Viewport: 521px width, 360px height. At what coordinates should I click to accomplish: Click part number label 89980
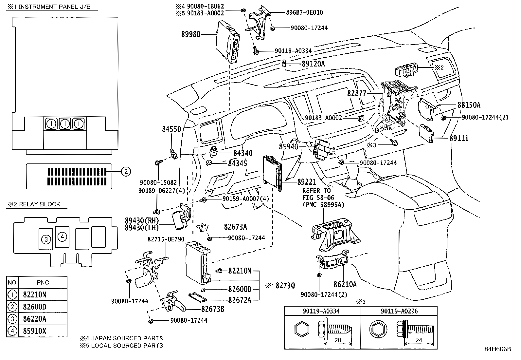tap(191, 34)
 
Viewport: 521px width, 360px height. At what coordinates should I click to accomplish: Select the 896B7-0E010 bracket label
tap(304, 13)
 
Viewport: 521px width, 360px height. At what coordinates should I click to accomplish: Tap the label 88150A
tap(469, 105)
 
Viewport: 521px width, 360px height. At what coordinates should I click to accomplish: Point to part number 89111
tap(459, 139)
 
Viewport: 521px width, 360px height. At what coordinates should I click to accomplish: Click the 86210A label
tap(345, 284)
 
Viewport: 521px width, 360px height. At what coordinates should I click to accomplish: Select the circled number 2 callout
tap(126, 171)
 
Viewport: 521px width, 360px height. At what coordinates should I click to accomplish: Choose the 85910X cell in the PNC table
tap(35, 331)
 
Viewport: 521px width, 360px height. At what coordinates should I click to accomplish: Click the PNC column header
tap(43, 282)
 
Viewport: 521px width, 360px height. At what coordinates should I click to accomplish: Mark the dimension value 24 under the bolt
tap(419, 340)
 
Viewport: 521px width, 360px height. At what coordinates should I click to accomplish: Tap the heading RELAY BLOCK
tap(40, 204)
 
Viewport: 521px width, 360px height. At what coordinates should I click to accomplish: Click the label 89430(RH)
tap(141, 220)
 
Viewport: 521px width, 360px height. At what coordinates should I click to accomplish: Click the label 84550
tap(171, 129)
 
